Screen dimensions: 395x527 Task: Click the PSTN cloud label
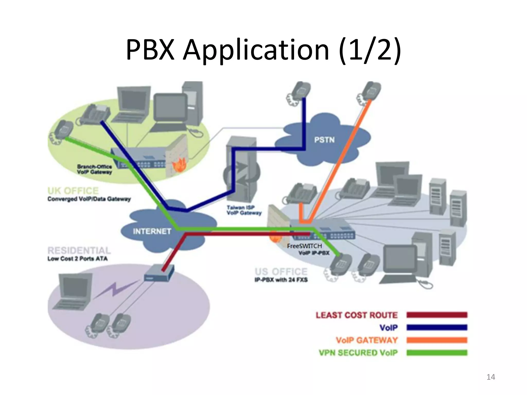[x=324, y=140]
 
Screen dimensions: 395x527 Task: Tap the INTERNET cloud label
[x=152, y=231]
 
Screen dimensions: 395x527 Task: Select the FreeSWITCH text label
[x=304, y=246]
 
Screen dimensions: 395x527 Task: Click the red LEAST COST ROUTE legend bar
[x=437, y=315]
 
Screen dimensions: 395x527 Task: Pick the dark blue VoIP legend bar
[x=437, y=327]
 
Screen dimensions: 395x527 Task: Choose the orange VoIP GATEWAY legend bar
[x=437, y=340]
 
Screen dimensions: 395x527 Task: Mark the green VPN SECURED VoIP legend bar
[x=437, y=353]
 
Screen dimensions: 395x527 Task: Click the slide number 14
[x=491, y=377]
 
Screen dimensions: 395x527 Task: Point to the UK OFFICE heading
[x=73, y=191]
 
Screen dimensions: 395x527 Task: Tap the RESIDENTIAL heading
[x=79, y=250]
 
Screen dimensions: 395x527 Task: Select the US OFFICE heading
[x=281, y=272]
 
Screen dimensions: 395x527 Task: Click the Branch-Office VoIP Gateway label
[x=94, y=169]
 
